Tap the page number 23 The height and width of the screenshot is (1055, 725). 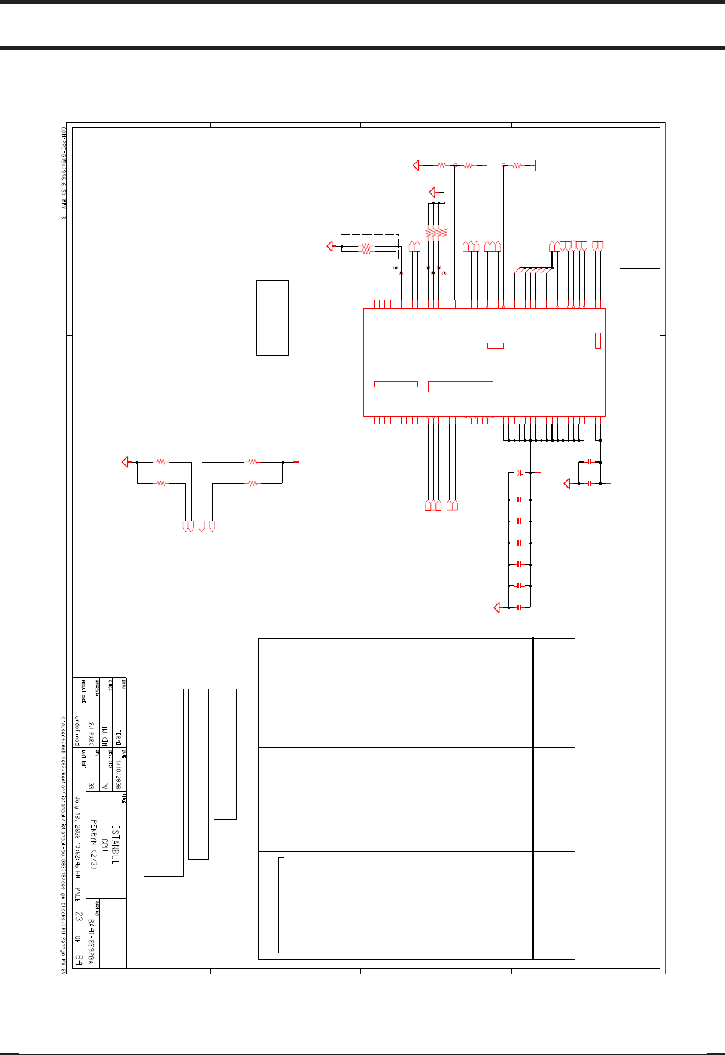pyautogui.click(x=78, y=917)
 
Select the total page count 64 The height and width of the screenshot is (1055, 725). pyautogui.click(x=78, y=959)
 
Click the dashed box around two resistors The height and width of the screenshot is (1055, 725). pyautogui.click(x=368, y=247)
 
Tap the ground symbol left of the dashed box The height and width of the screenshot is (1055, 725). pyautogui.click(x=331, y=246)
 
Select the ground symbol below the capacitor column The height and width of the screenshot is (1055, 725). pyautogui.click(x=496, y=607)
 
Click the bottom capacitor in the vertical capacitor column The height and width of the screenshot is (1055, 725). pyautogui.click(x=520, y=607)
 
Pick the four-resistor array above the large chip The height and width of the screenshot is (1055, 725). pyautogui.click(x=436, y=233)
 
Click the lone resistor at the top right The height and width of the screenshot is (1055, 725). pyautogui.click(x=517, y=165)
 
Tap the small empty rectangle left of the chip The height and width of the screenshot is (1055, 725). pyautogui.click(x=272, y=318)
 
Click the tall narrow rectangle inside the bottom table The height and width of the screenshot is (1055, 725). pyautogui.click(x=281, y=905)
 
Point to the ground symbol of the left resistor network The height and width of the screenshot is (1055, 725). pyautogui.click(x=126, y=462)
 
